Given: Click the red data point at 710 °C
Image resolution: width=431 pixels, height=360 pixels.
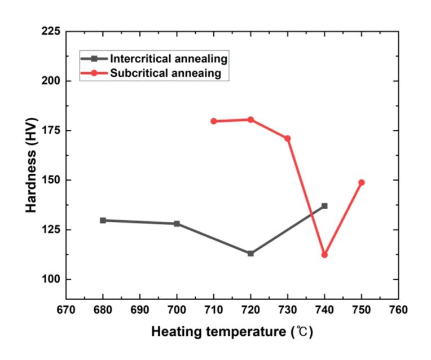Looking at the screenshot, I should click(214, 121).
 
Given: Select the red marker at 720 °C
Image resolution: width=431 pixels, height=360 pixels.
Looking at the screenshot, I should click(250, 120).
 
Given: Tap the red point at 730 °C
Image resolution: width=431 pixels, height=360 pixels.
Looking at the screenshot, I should click(288, 138).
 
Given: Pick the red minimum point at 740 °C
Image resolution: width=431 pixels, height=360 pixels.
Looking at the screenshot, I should click(324, 255).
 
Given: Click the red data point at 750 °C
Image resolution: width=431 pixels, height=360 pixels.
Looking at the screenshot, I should click(362, 183).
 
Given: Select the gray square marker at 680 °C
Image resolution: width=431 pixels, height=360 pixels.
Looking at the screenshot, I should click(103, 220).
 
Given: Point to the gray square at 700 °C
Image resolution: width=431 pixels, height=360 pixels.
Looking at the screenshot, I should click(177, 224).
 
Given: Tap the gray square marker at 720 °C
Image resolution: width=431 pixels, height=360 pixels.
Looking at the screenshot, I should click(250, 253).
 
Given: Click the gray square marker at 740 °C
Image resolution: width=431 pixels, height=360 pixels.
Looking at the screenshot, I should click(324, 206).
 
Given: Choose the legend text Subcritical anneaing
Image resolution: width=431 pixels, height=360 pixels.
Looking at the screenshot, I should click(165, 73).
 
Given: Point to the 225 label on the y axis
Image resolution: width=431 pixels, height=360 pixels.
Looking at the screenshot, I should click(51, 32).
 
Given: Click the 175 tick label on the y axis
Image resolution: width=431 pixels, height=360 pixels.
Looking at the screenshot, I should click(51, 130).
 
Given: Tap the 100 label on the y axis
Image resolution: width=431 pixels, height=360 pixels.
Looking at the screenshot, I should click(51, 279).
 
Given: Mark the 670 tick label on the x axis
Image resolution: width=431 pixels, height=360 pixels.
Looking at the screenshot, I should click(66, 310).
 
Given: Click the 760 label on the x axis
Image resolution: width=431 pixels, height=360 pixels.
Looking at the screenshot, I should click(398, 310).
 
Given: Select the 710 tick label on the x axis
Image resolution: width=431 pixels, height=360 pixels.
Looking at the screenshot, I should click(214, 310).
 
